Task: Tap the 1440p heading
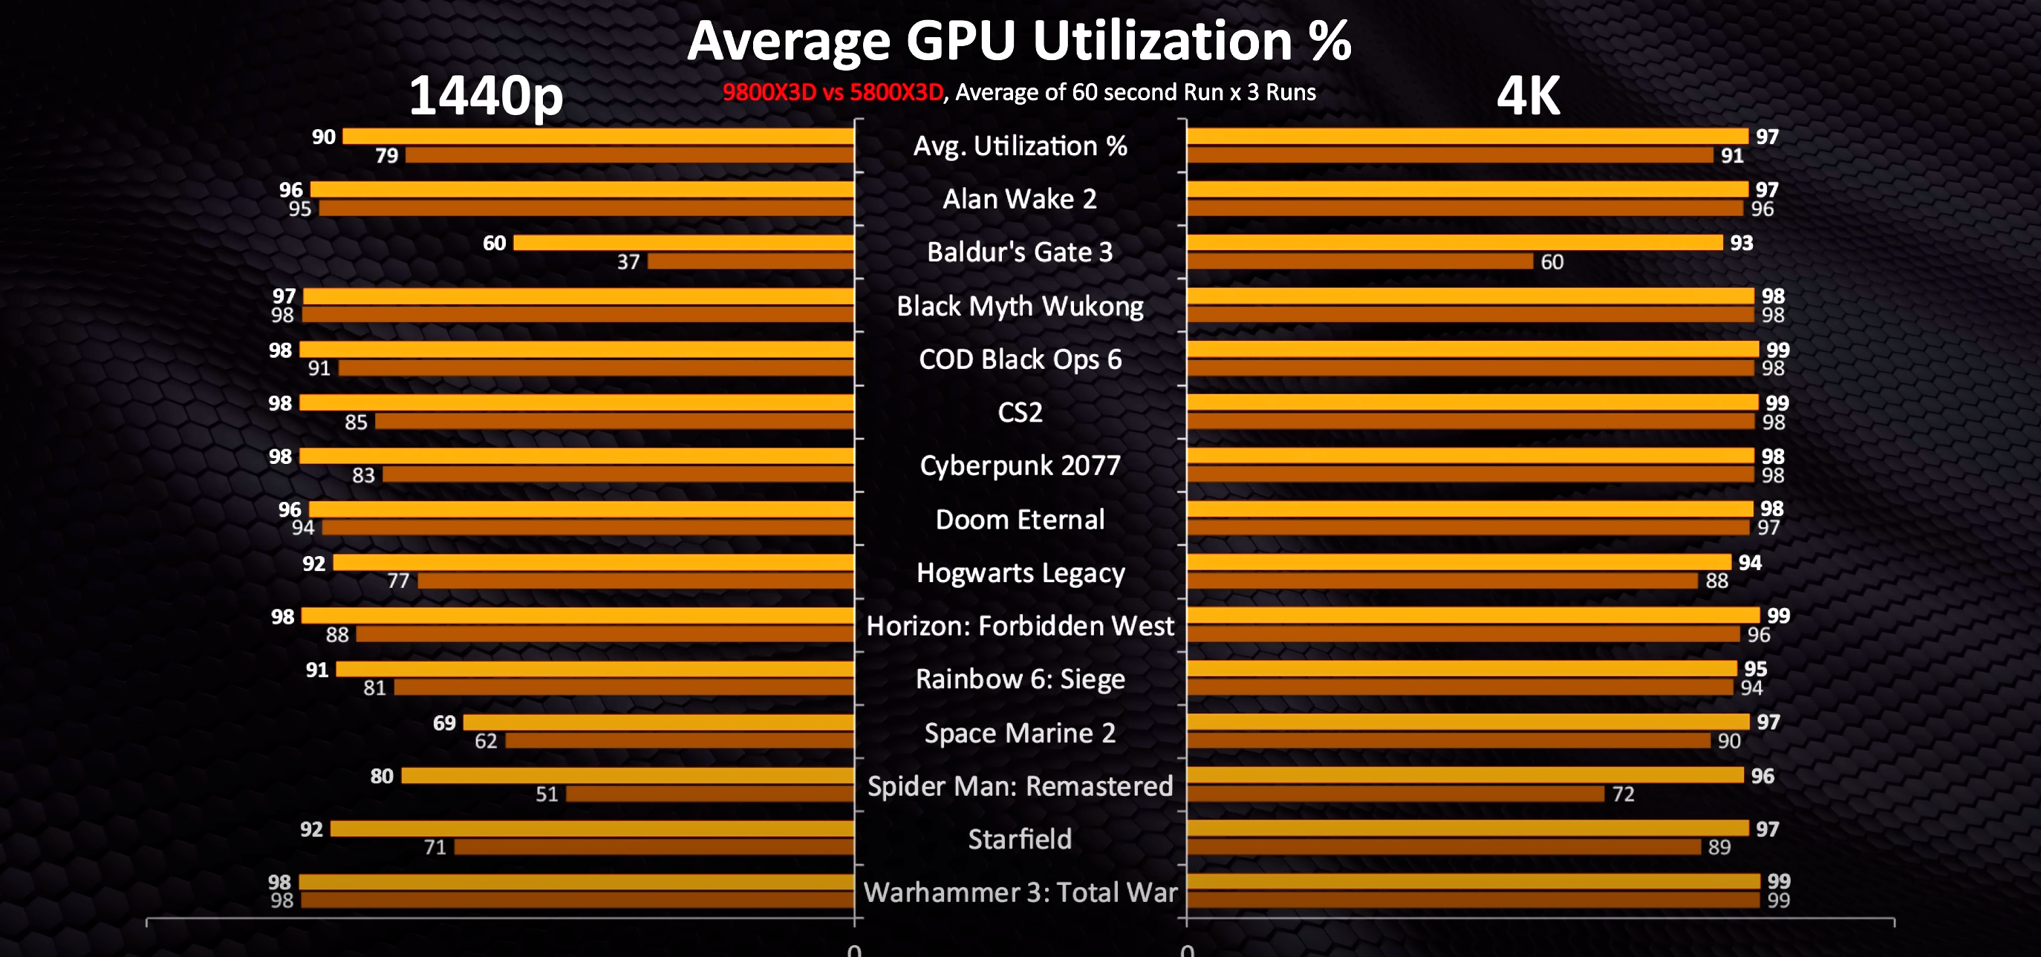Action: [486, 97]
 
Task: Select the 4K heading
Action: [1528, 97]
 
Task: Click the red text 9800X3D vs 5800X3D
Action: [832, 93]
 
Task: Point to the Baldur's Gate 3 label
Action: [1020, 252]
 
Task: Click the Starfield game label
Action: [1020, 839]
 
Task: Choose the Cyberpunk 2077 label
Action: [1020, 466]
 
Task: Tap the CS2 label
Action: [1020, 413]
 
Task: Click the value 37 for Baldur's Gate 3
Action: [628, 262]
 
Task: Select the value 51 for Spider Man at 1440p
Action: [547, 794]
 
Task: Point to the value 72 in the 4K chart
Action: [1623, 794]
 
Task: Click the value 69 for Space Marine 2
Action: [443, 722]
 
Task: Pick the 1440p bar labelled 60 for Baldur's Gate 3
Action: [683, 244]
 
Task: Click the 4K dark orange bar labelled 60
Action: [1360, 261]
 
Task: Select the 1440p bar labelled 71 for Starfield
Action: [654, 847]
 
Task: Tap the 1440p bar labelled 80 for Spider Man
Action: [628, 776]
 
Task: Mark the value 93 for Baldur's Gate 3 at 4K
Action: [1741, 244]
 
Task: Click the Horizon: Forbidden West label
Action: [1020, 627]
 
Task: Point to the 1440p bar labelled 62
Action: [680, 741]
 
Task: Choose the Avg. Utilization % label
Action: [1020, 146]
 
